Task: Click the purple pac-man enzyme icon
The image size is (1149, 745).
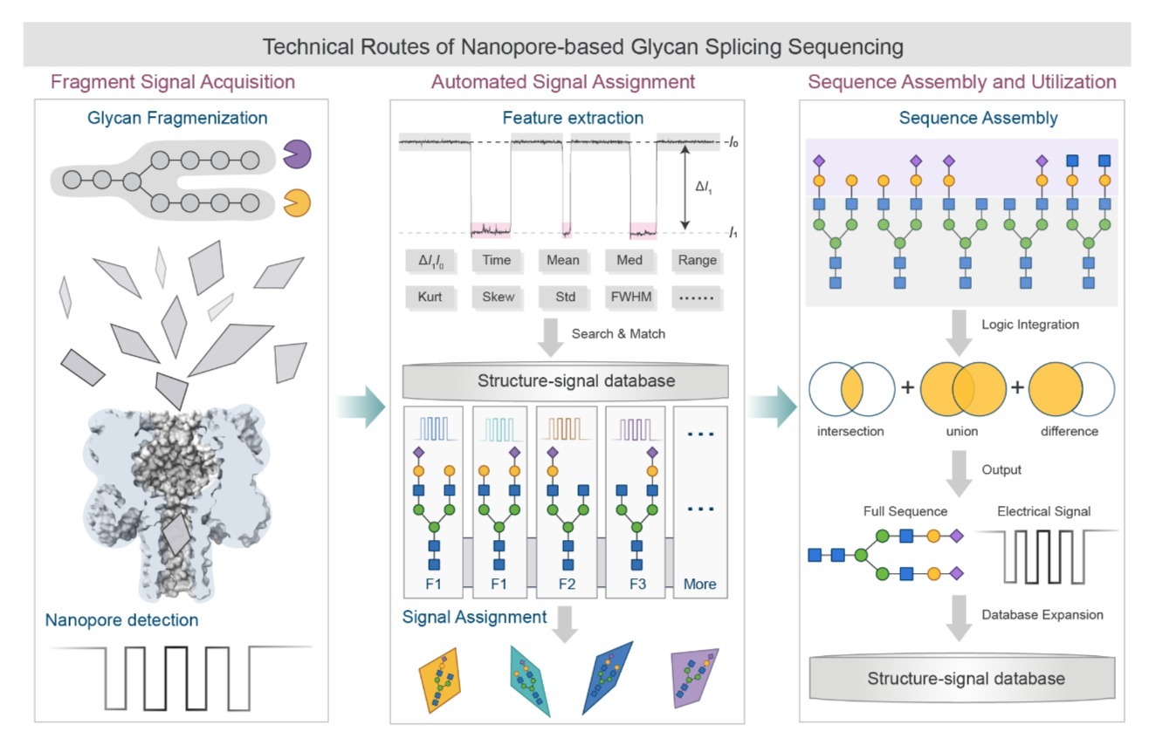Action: [297, 155]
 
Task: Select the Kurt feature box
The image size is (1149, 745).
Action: [430, 297]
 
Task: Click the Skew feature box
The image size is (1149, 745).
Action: [498, 297]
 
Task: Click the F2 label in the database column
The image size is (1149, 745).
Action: [566, 584]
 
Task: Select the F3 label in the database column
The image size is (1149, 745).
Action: [637, 584]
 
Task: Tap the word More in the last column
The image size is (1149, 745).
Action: [700, 584]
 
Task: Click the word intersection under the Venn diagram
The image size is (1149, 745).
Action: [851, 431]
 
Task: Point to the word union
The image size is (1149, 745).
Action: [962, 431]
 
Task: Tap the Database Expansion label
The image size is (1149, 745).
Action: [1042, 615]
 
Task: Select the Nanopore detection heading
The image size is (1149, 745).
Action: [122, 621]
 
